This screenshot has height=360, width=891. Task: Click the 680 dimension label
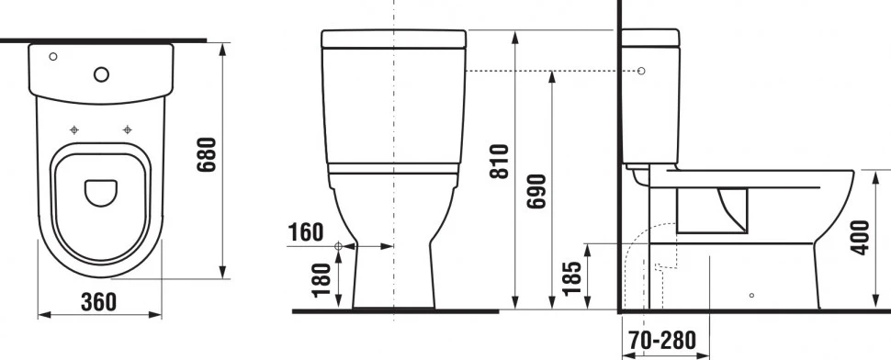[207, 155]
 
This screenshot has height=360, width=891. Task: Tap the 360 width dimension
[98, 302]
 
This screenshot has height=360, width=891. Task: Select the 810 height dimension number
[500, 162]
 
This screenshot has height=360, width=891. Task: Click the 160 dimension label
[306, 232]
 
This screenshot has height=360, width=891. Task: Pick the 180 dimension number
[321, 280]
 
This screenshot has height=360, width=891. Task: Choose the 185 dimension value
[571, 278]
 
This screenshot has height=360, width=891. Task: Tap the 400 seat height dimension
[862, 237]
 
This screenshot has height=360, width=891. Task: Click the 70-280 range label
[662, 340]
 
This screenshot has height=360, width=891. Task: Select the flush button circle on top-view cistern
[102, 74]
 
